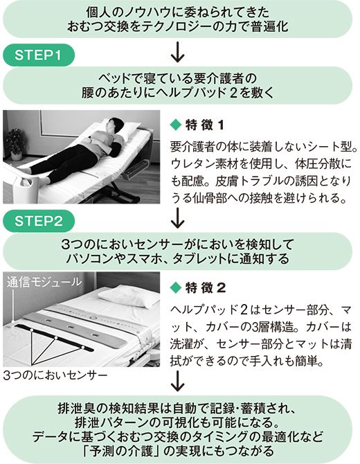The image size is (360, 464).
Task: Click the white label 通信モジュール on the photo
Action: [x=44, y=282]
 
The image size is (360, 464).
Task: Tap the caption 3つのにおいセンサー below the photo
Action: [x=54, y=375]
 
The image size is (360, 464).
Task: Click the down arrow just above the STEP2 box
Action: [x=179, y=217]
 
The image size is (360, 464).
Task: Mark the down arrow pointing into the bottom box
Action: [x=179, y=380]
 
